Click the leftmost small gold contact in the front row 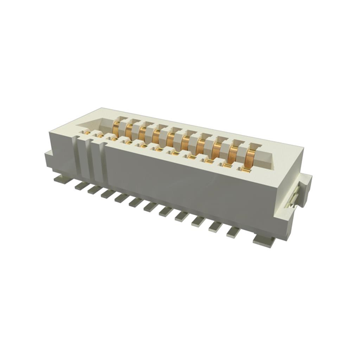pos(87,133)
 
